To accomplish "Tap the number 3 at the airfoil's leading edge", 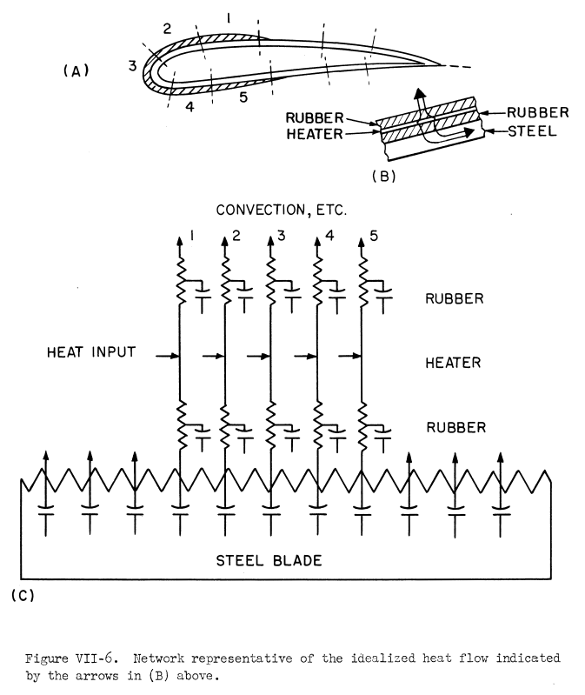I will pyautogui.click(x=133, y=66).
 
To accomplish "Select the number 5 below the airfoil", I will pyautogui.click(x=243, y=97).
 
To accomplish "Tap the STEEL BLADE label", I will pyautogui.click(x=269, y=560).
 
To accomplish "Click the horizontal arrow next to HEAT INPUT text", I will pyautogui.click(x=169, y=355).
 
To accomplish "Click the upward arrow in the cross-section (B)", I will pyautogui.click(x=422, y=97).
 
